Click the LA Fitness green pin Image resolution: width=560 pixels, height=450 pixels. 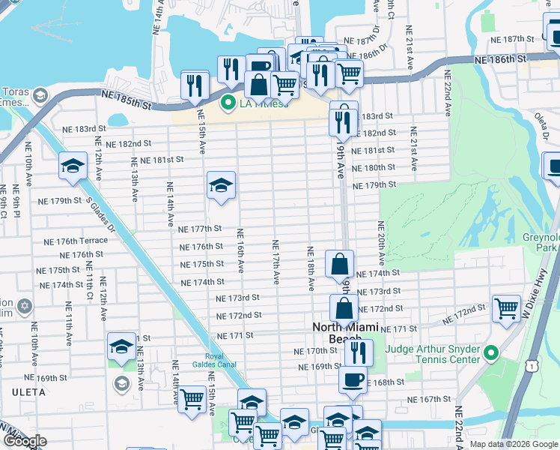click(x=229, y=103)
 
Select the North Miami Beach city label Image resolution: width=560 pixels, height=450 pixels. click(x=347, y=333)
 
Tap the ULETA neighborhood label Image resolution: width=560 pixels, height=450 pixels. click(x=28, y=392)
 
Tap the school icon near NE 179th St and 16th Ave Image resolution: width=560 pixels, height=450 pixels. click(x=221, y=185)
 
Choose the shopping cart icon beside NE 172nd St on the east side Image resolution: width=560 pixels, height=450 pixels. click(x=507, y=307)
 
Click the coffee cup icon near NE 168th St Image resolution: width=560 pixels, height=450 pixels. click(x=352, y=379)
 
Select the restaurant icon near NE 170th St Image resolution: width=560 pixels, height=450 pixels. click(x=359, y=351)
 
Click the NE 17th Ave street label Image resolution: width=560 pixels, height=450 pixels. click(x=276, y=262)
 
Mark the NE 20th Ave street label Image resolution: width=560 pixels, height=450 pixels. click(x=381, y=243)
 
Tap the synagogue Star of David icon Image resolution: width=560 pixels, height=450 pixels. click(x=24, y=307)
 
